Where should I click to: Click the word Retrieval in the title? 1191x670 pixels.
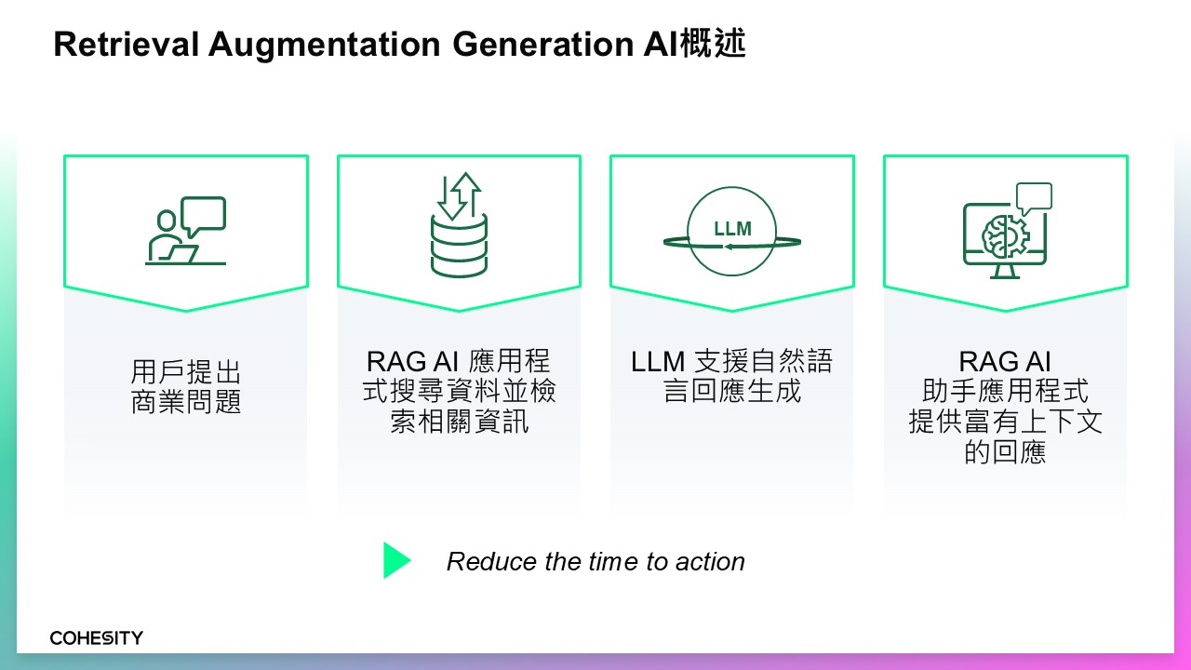click(x=127, y=44)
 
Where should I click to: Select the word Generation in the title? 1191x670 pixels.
click(x=543, y=44)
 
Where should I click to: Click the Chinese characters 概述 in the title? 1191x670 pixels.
click(x=713, y=43)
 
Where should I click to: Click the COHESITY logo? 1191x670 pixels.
click(x=96, y=637)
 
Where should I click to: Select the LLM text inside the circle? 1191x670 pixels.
click(x=732, y=229)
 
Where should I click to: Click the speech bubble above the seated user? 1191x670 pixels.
click(x=204, y=215)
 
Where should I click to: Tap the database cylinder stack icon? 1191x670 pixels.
click(x=459, y=245)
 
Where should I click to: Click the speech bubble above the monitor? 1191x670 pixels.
click(x=1034, y=198)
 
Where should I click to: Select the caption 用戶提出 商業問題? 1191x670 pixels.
click(x=186, y=386)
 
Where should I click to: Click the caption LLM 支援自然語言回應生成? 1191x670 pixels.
click(x=731, y=376)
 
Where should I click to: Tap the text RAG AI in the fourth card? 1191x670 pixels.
click(x=1005, y=362)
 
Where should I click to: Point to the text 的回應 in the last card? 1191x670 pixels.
click(x=1005, y=452)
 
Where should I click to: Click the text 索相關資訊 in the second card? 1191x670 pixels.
click(x=459, y=422)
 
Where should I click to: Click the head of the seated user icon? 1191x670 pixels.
click(x=167, y=221)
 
